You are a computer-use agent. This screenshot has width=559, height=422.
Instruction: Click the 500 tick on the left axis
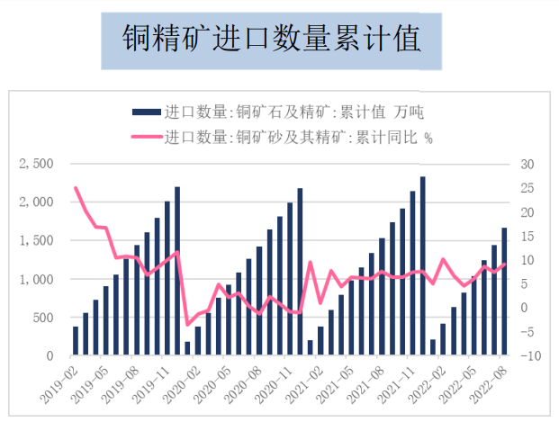coord(41,319)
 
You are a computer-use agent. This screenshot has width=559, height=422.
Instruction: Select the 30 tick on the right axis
coord(527,164)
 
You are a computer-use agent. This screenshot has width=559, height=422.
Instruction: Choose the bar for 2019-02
coord(76,341)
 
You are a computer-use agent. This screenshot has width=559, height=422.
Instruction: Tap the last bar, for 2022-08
coord(504,292)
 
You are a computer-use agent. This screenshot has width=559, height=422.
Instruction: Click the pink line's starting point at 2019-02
coord(76,188)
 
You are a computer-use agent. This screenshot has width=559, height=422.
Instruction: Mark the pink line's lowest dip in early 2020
coord(188,324)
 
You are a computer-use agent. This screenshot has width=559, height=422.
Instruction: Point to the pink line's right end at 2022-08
coord(504,264)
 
